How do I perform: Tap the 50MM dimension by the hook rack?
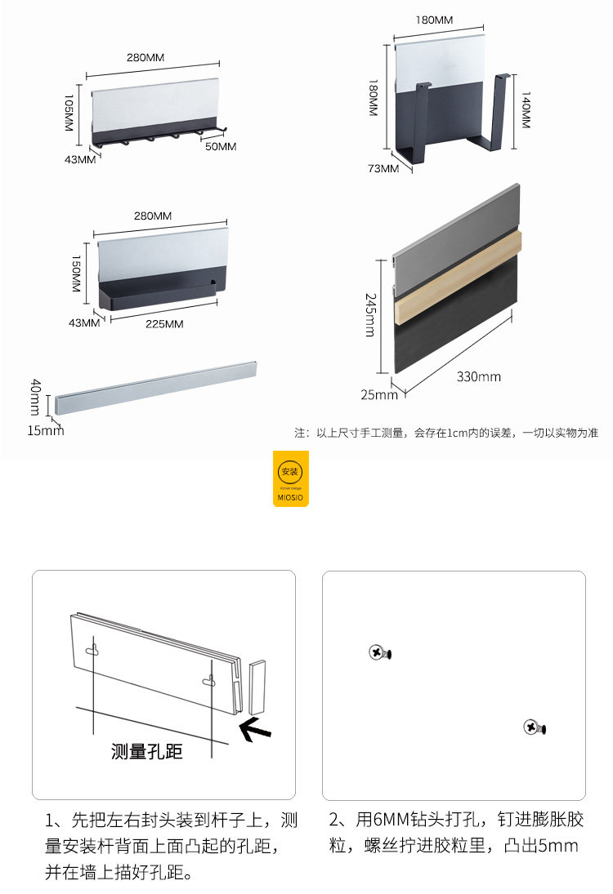coord(220,147)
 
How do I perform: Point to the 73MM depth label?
coord(383,168)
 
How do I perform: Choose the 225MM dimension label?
coord(164,324)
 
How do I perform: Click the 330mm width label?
coord(479,377)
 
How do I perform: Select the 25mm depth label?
coord(378,395)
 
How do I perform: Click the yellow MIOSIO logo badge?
coord(291,478)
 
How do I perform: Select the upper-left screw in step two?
coord(378,652)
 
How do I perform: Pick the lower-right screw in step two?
coord(534,727)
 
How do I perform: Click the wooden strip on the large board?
coord(458,277)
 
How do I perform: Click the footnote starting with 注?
coord(446,433)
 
